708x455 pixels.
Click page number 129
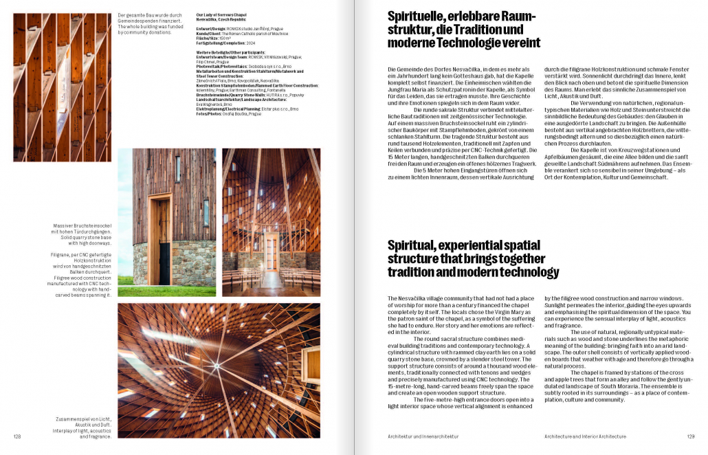tap(690, 436)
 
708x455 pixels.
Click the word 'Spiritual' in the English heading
tap(412, 245)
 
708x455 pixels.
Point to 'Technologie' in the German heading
tap(501, 43)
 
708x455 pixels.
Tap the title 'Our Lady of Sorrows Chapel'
tap(221, 14)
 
